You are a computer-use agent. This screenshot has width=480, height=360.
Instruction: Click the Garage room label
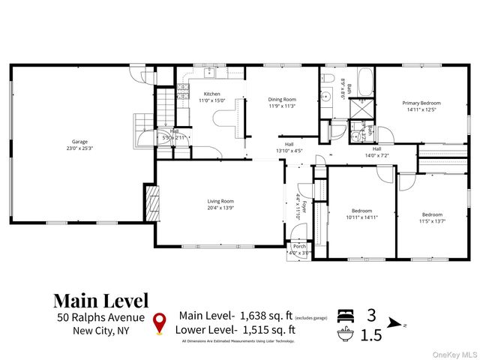point(79,140)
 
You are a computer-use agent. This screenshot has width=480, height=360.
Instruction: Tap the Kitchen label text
point(212,94)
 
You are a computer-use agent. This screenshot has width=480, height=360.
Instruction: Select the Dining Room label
point(283,99)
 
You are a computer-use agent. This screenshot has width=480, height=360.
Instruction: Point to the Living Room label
point(220,201)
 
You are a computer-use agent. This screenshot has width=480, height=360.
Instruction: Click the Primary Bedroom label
point(421,103)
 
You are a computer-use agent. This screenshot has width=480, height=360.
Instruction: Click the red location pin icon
point(159,322)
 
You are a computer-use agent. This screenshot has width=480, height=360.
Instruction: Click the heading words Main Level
point(100,300)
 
